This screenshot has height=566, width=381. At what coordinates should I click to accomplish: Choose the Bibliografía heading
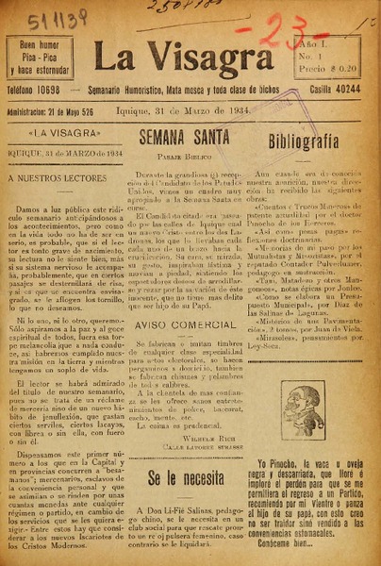tap(303, 142)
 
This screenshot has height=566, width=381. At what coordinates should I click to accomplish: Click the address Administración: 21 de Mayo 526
tap(57, 109)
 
